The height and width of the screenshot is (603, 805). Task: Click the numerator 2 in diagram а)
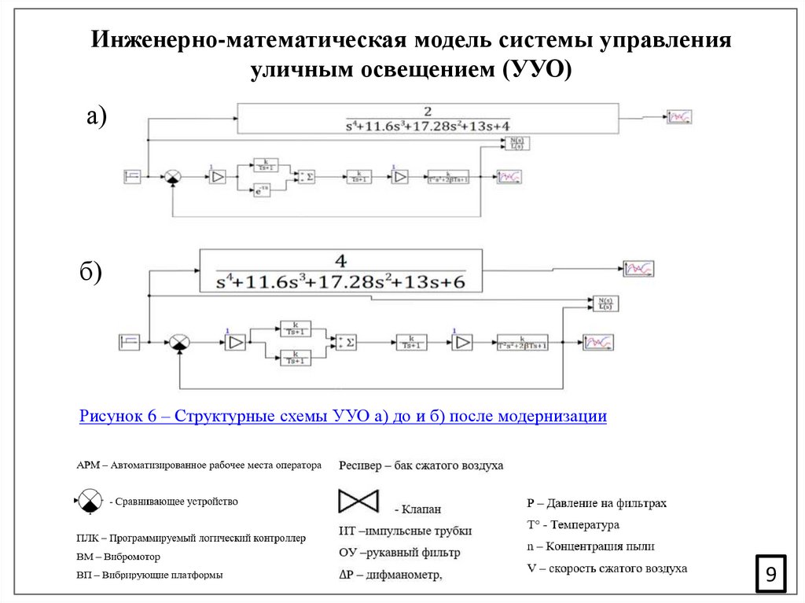(x=428, y=111)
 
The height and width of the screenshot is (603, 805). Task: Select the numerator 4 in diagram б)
(x=340, y=261)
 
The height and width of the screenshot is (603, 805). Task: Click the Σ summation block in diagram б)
(x=346, y=342)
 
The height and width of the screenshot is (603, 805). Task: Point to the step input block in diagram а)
(x=132, y=177)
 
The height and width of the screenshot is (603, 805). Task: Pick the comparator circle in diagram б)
(x=179, y=343)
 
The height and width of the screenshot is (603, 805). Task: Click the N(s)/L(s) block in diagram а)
(x=516, y=143)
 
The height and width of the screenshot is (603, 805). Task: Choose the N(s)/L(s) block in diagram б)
(x=605, y=304)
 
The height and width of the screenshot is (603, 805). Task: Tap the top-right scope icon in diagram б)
(x=639, y=269)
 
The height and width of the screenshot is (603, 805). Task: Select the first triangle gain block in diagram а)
(x=216, y=178)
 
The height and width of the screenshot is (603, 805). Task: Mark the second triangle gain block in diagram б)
(x=462, y=342)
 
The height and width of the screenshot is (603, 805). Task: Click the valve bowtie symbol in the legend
(x=358, y=502)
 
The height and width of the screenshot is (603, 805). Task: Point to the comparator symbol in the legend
(x=90, y=501)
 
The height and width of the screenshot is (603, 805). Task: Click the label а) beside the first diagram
(x=95, y=116)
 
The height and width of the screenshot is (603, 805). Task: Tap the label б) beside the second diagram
(x=90, y=272)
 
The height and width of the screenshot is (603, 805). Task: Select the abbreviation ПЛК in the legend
(x=89, y=539)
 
